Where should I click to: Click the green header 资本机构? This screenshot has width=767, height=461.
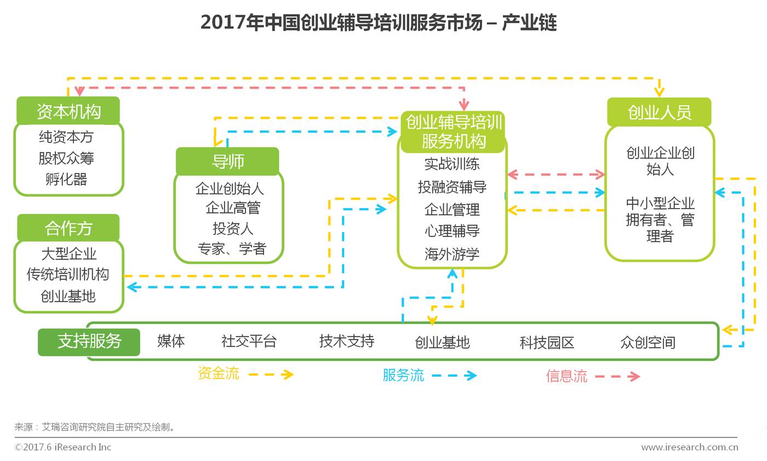68,111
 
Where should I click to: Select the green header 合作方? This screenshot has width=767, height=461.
68,228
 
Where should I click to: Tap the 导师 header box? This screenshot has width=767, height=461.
227,162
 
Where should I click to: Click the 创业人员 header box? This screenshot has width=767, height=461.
659,112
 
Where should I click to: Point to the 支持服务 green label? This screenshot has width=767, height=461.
89,341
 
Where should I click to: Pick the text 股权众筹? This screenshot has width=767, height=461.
66,158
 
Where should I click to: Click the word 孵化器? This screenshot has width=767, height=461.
66,179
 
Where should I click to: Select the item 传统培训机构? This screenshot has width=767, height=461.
68,274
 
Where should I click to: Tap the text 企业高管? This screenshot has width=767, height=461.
233,208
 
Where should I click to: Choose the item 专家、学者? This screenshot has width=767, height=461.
232,249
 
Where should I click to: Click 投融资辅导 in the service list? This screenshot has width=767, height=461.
452,187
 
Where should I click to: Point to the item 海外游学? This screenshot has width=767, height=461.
452,254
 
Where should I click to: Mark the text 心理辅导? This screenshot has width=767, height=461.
452,231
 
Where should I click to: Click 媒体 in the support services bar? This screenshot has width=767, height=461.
171,341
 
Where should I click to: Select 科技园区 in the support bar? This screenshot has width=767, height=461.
547,343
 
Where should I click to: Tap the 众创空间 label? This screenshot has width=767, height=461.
648,343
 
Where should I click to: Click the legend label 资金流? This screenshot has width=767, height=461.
218,373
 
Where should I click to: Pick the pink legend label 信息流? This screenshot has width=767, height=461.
566,376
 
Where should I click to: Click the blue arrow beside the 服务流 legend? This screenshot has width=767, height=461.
454,376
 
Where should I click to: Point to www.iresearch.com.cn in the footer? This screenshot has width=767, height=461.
689,447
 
